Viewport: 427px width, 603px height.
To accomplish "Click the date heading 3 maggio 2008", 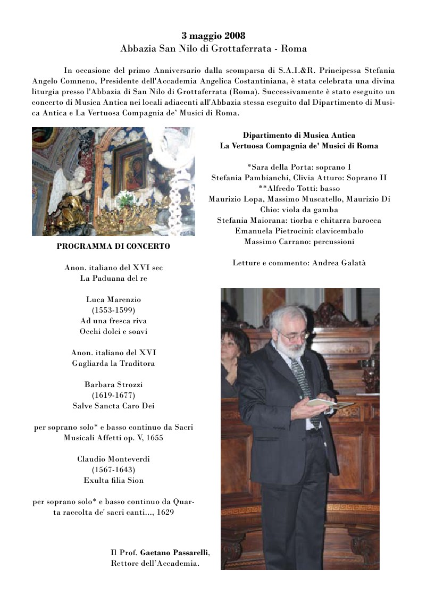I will pyautogui.click(x=213, y=36).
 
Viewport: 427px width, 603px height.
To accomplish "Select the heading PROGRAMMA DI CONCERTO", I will pyautogui.click(x=113, y=246).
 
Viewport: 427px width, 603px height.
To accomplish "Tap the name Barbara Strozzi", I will pyautogui.click(x=113, y=384).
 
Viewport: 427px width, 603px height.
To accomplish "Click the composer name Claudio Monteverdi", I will pyautogui.click(x=113, y=459).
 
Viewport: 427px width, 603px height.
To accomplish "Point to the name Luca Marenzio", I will pyautogui.click(x=113, y=299).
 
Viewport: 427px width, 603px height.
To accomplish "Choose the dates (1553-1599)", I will pyautogui.click(x=113, y=310).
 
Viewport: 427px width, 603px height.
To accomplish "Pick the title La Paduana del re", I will pyautogui.click(x=113, y=278).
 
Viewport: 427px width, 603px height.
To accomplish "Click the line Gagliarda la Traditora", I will pyautogui.click(x=113, y=363).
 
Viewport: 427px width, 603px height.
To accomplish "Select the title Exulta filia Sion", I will pyautogui.click(x=113, y=480).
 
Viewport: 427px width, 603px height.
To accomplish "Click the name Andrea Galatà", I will pyautogui.click(x=339, y=263).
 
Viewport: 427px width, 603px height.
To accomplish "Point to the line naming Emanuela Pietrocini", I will pyautogui.click(x=299, y=231).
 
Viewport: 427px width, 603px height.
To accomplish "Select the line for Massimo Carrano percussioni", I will pyautogui.click(x=299, y=241).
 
